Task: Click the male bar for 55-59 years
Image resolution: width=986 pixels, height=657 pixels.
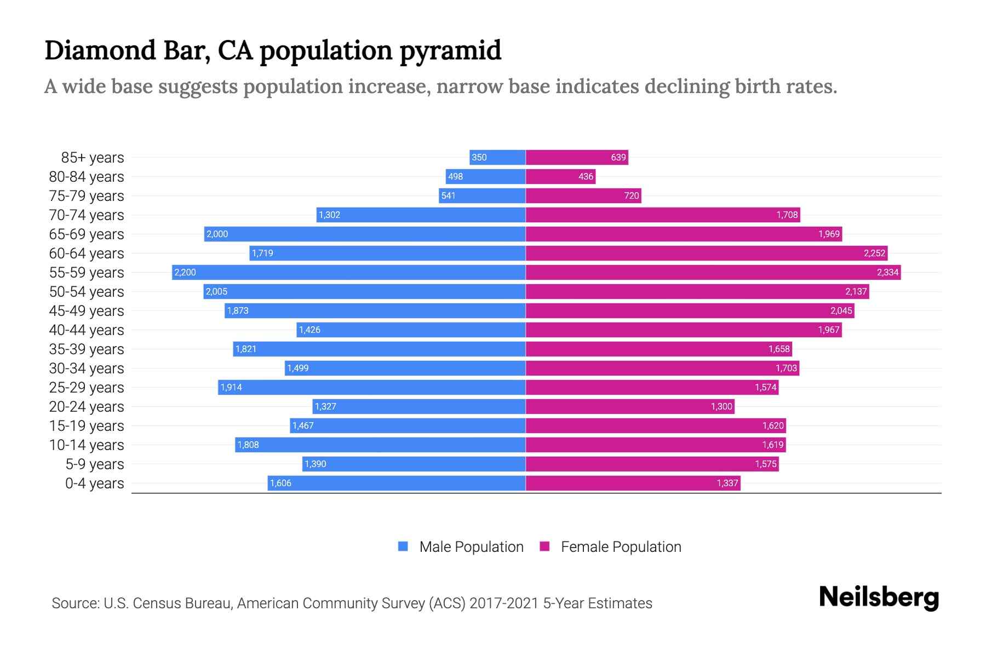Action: pyautogui.click(x=348, y=272)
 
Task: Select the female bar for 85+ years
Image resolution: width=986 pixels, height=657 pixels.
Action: pyautogui.click(x=577, y=157)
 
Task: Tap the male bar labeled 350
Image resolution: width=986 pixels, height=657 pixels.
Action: pyautogui.click(x=497, y=157)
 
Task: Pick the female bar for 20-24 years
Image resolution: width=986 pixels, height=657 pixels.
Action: pyautogui.click(x=630, y=406)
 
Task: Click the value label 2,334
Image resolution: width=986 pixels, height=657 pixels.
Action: pyautogui.click(x=887, y=272)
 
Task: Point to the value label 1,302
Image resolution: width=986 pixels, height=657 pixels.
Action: pyautogui.click(x=329, y=215)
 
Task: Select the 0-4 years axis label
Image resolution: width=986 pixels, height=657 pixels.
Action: pyautogui.click(x=94, y=483)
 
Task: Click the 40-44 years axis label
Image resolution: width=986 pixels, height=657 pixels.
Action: pyautogui.click(x=87, y=330)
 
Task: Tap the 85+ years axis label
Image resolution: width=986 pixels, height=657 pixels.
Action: pyautogui.click(x=93, y=157)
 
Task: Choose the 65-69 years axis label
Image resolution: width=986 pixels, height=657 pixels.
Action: pyautogui.click(x=87, y=234)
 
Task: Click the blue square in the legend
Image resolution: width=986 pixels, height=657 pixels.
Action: pyautogui.click(x=403, y=546)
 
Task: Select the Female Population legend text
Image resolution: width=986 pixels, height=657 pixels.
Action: pyautogui.click(x=621, y=546)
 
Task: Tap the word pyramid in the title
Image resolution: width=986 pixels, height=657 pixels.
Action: pyautogui.click(x=450, y=50)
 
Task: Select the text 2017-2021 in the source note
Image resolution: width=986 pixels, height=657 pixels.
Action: pyautogui.click(x=503, y=603)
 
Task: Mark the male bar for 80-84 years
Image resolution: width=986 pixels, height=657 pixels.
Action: pyautogui.click(x=485, y=176)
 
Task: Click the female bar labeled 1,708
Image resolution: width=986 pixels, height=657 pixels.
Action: pyautogui.click(x=663, y=215)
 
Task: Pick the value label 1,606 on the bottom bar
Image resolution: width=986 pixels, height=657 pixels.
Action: pyautogui.click(x=280, y=483)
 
